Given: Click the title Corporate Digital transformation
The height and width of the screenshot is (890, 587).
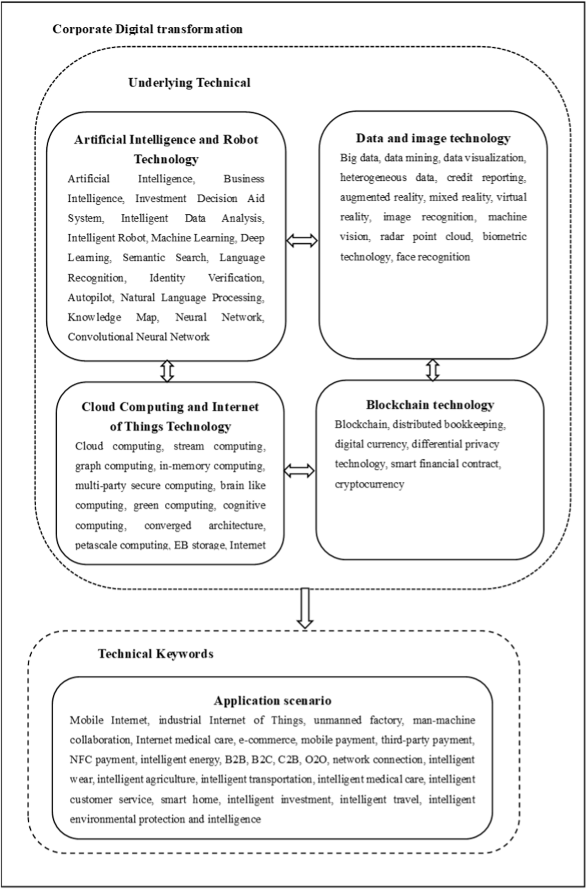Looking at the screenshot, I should click(148, 29).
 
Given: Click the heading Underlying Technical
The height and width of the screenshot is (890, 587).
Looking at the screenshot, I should click(189, 83).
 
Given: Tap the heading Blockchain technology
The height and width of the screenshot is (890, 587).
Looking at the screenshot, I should click(430, 404).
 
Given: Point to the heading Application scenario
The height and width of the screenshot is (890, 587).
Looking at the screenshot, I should click(273, 701).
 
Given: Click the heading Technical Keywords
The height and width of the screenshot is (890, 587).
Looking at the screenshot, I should click(155, 654).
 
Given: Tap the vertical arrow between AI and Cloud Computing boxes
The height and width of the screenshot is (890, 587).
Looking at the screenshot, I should click(167, 371).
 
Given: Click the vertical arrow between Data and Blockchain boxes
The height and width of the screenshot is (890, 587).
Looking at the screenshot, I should click(433, 370).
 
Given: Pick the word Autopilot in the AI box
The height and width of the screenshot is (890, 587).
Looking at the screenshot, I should click(90, 297).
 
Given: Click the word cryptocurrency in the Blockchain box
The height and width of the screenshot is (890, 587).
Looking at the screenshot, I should click(369, 484).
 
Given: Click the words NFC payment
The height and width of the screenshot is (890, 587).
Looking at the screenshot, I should click(102, 760).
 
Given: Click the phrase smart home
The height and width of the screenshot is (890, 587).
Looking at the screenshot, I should click(189, 799).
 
